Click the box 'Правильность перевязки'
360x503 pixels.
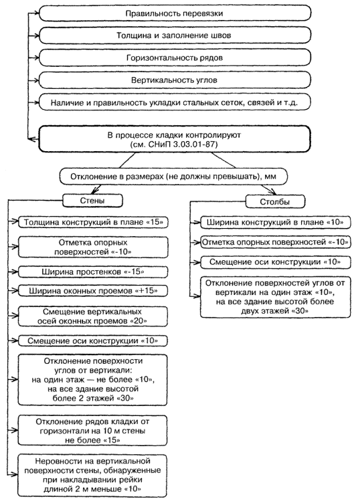click(175, 13)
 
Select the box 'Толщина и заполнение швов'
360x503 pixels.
click(175, 35)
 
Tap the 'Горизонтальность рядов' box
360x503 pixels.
click(175, 58)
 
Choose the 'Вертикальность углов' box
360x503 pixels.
click(175, 80)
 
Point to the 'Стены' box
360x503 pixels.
click(92, 201)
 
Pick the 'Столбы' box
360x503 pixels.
click(275, 201)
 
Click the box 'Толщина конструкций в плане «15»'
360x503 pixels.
click(93, 222)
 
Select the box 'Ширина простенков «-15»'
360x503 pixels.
click(93, 272)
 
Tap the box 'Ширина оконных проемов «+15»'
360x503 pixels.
click(93, 291)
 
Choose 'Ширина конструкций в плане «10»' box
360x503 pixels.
click(275, 222)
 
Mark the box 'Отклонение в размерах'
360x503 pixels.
click(173, 177)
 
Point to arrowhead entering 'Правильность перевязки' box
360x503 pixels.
click(35, 13)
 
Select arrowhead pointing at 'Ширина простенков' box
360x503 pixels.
click(15, 272)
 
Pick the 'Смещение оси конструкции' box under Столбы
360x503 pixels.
click(275, 262)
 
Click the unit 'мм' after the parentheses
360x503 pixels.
click(271, 177)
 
